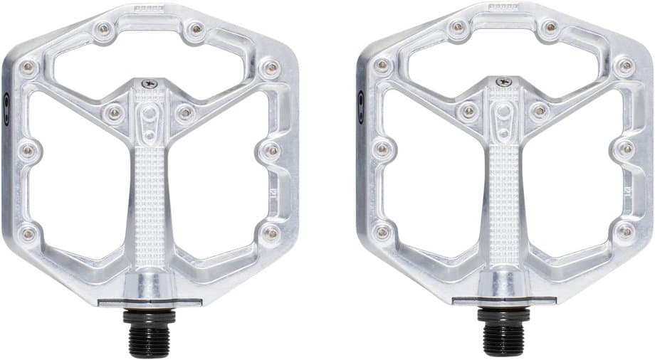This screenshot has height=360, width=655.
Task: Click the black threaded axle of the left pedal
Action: coord(150,332)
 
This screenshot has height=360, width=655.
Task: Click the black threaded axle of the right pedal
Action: coord(505,332)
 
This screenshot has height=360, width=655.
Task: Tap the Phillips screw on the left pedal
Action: coord(149,83)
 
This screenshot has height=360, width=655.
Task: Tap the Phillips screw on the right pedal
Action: coord(504,83)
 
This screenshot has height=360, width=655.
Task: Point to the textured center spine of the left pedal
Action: coord(150,192)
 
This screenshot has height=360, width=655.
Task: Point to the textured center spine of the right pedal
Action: coord(505,192)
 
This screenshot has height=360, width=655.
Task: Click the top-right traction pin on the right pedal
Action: coord(550,28)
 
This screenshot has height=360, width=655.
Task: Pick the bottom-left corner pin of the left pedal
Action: coord(28,232)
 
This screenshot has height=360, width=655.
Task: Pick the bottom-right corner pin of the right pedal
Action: coord(625,231)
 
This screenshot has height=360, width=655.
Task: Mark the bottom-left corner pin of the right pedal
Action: coord(384,232)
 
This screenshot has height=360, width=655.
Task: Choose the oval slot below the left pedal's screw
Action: coord(149,115)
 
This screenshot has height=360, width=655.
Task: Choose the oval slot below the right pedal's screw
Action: coord(504,115)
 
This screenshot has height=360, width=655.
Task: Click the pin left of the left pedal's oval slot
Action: coord(113,112)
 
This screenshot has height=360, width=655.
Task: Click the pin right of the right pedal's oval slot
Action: coord(540,111)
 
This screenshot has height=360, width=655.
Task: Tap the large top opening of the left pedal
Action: coord(150,57)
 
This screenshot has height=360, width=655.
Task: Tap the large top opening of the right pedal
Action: coord(505,57)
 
